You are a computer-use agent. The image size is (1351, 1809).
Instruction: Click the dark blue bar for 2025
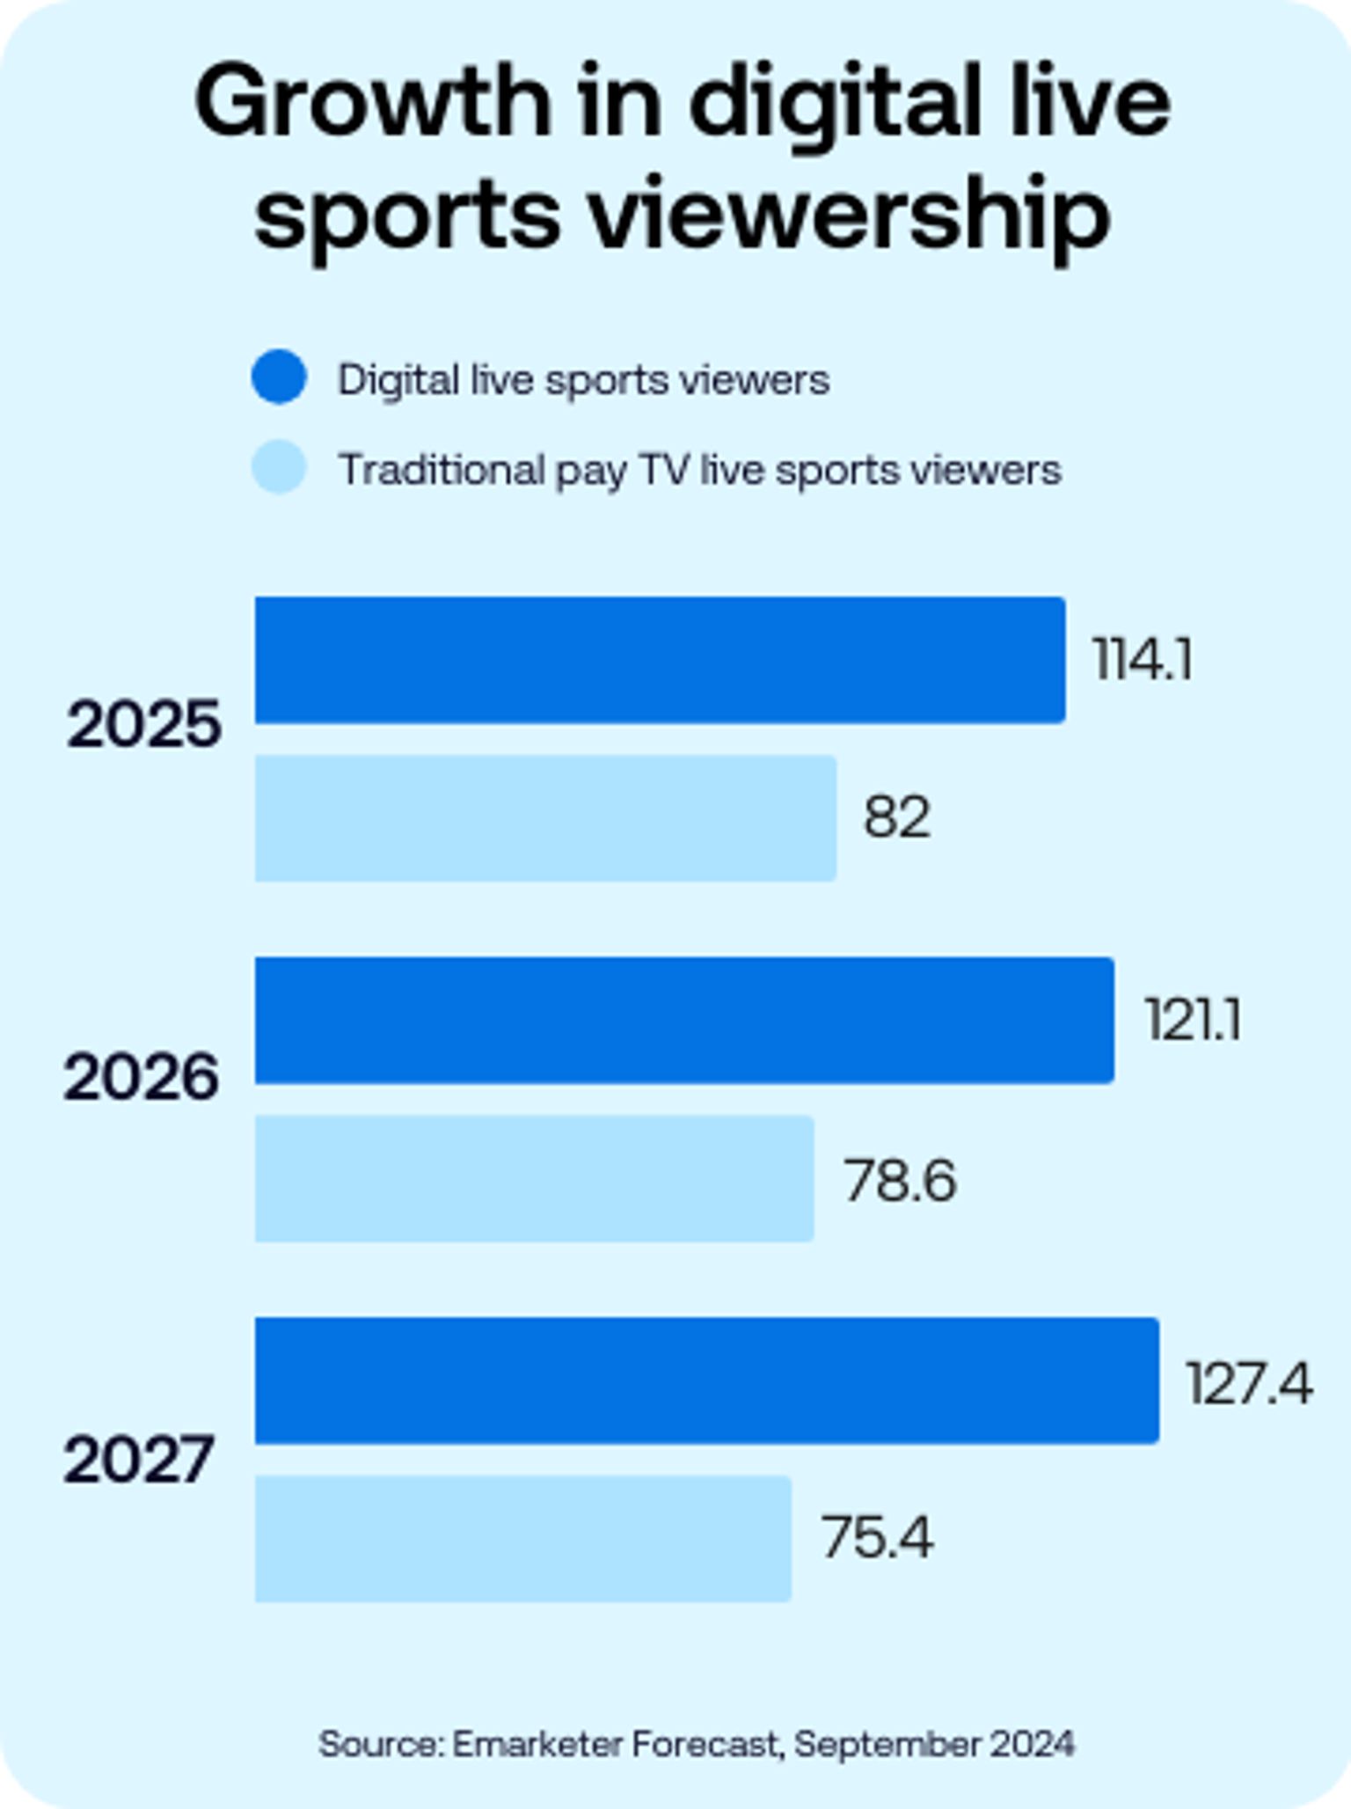(x=660, y=660)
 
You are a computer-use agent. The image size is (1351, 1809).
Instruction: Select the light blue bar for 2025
(x=545, y=818)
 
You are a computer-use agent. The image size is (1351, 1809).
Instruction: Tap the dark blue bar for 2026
(x=684, y=1021)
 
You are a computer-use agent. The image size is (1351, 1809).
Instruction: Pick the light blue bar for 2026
(x=534, y=1179)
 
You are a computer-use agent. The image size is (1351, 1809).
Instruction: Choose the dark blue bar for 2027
(x=706, y=1381)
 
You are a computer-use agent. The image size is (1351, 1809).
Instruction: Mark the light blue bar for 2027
(x=522, y=1539)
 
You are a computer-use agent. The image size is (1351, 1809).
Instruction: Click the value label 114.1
(x=1143, y=659)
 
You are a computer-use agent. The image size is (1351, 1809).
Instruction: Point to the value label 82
(x=896, y=817)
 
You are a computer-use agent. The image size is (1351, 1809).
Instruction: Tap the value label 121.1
(x=1193, y=1021)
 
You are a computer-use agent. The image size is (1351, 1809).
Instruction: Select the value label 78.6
(x=900, y=1180)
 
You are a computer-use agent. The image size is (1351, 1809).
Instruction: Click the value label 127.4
(x=1249, y=1382)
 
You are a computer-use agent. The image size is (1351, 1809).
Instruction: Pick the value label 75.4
(x=877, y=1538)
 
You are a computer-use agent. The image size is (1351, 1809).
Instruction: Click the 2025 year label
(x=143, y=725)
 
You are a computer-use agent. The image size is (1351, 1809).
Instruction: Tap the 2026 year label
(x=141, y=1078)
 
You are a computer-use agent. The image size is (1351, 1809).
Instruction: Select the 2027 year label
(x=138, y=1460)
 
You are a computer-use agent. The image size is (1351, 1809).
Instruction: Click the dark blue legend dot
(x=279, y=377)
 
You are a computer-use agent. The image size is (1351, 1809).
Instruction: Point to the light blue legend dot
(x=279, y=467)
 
